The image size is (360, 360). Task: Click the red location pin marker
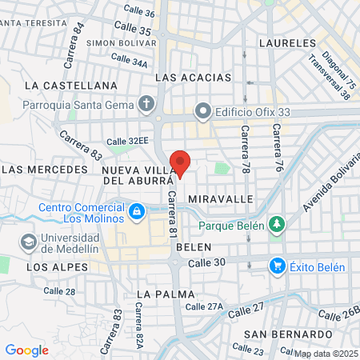pos(181,162)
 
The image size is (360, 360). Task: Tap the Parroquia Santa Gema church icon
pos(146,103)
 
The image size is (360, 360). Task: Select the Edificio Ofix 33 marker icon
pos(203,110)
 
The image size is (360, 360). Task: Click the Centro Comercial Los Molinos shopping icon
pos(137,211)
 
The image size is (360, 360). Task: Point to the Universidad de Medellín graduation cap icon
pos(28,241)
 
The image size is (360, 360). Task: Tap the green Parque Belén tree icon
pos(277,225)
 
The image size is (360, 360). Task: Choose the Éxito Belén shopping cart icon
pos(277,264)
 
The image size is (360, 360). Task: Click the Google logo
pos(26,350)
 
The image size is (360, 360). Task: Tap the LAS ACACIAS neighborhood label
pos(193,78)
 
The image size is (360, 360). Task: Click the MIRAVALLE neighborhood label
pos(220,198)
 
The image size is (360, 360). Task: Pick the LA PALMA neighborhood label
pos(166,294)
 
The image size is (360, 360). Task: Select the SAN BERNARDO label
pos(289,334)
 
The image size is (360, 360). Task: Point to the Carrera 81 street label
pos(170,219)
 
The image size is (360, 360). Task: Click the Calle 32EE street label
pos(128,141)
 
